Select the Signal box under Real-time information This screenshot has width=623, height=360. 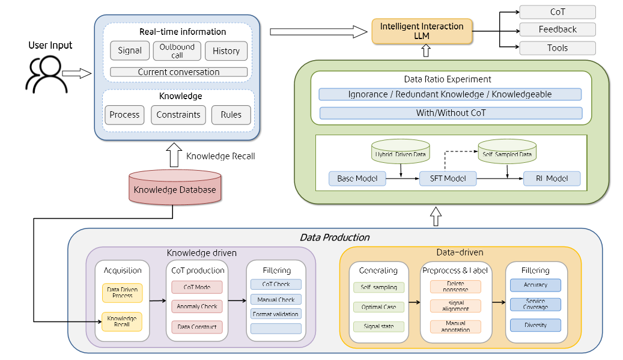click(130, 51)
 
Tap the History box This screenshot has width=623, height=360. click(226, 51)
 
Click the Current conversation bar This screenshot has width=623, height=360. click(178, 72)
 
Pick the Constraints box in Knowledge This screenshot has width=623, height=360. click(178, 115)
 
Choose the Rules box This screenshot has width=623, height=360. click(231, 115)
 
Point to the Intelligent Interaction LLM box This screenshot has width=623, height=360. click(422, 31)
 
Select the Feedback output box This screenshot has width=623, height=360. click(557, 29)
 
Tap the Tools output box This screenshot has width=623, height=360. click(557, 48)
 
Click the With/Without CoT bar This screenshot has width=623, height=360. click(451, 113)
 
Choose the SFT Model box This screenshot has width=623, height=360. click(448, 178)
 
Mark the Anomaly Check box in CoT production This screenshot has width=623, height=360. click(196, 307)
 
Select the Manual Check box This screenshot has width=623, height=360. click(276, 299)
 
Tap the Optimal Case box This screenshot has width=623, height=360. click(378, 307)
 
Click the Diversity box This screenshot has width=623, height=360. click(535, 325)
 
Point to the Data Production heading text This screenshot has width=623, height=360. click(334, 237)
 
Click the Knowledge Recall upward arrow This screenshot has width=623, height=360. click(174, 156)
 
